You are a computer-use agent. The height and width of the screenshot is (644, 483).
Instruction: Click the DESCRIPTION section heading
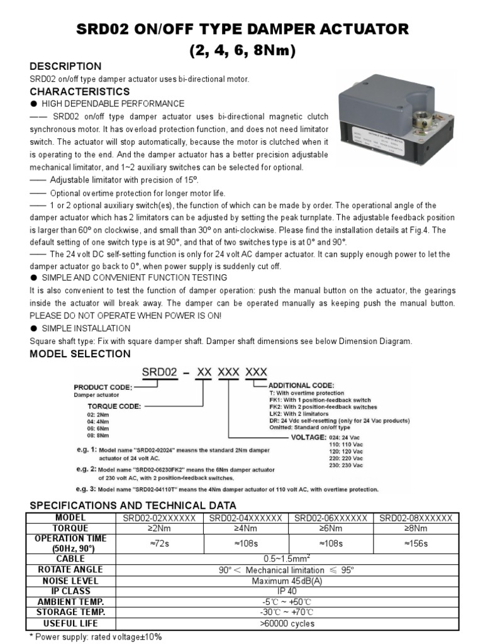(65, 67)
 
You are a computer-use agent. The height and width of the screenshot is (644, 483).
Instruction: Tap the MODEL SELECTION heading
(80, 354)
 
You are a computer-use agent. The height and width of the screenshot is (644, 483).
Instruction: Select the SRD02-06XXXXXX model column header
(331, 518)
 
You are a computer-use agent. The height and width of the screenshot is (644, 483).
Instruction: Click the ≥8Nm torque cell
(416, 528)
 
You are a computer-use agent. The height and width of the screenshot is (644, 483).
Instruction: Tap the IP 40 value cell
(287, 591)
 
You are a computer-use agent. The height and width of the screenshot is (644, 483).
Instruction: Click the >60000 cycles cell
(287, 623)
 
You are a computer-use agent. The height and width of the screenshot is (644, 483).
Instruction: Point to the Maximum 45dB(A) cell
(287, 580)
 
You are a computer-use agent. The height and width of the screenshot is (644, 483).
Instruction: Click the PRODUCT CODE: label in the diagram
(103, 387)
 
